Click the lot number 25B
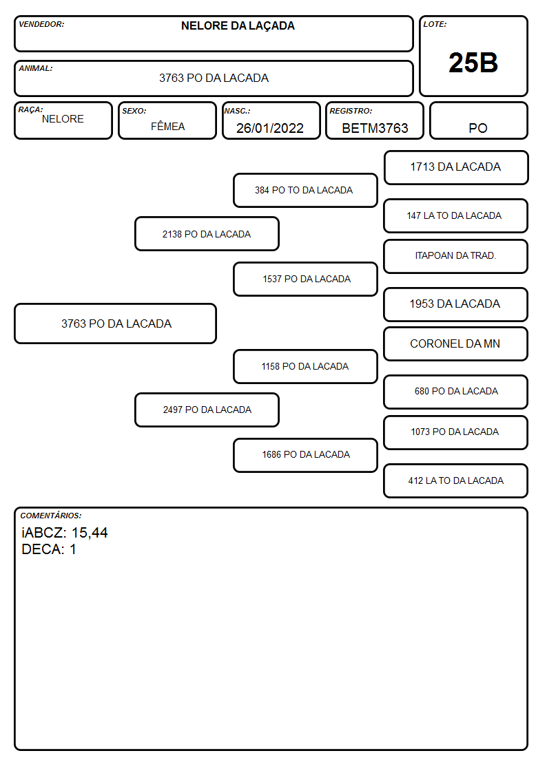coord(473,63)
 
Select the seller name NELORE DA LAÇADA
coord(238,26)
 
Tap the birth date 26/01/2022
coord(270,128)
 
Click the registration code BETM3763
coord(375,128)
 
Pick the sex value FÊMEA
coord(167,126)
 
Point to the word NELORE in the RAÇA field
coord(63,119)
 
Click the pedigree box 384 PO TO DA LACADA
coord(305,190)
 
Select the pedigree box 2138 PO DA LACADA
coord(207,233)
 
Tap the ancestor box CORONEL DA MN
coord(455,343)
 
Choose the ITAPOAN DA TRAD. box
coord(455,256)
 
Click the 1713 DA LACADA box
coord(456,167)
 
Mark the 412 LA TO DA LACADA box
coord(455,480)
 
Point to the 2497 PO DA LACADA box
coord(207,410)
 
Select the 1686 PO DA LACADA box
coord(305,455)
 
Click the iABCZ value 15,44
coord(90,533)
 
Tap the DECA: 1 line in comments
coord(49,549)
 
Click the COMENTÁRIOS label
coord(51,516)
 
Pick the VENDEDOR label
coord(41,24)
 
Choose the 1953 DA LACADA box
coord(455,304)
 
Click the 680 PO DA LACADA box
coord(455,392)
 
